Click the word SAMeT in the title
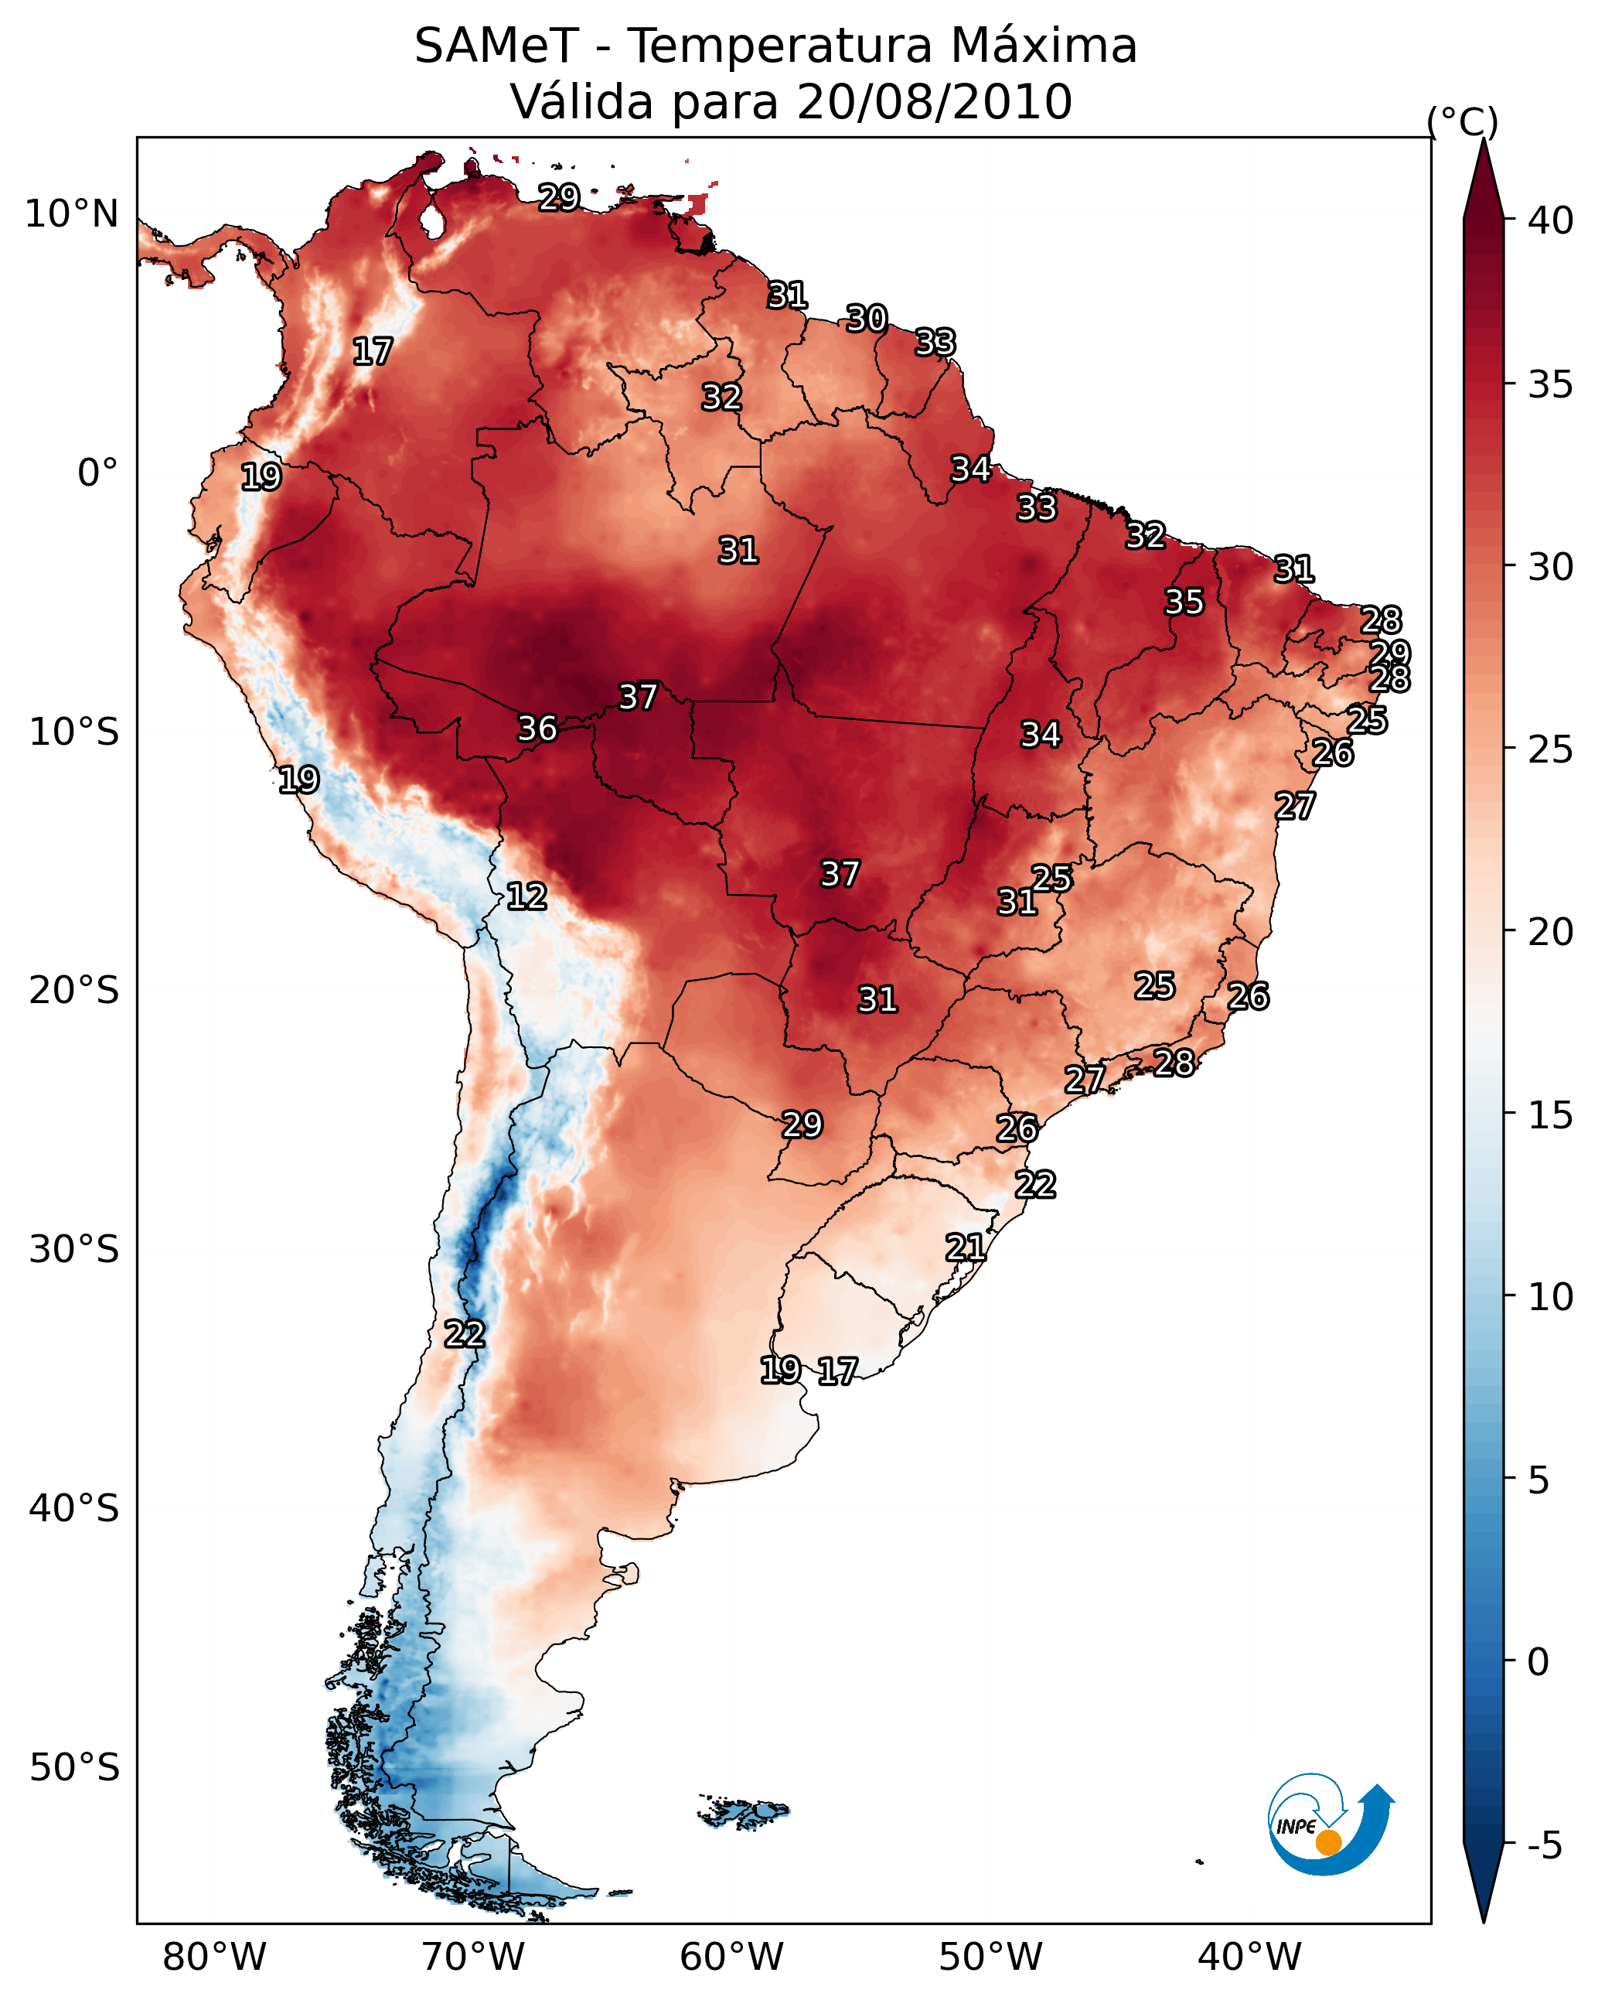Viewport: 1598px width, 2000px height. pos(496,46)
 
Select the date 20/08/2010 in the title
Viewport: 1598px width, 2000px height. pos(934,102)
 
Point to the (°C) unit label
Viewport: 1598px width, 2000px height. pos(1462,121)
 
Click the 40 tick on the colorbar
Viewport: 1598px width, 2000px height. pos(1551,220)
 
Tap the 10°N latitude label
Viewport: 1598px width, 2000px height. pos(71,214)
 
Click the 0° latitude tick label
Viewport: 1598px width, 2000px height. pos(98,473)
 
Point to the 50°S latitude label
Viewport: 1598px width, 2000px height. pos(74,1768)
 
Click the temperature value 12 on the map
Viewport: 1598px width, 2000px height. pos(526,896)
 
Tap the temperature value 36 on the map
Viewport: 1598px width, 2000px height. pos(537,729)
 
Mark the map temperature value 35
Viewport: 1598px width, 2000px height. pos(1184,601)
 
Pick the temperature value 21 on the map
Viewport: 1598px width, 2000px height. pos(966,1247)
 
